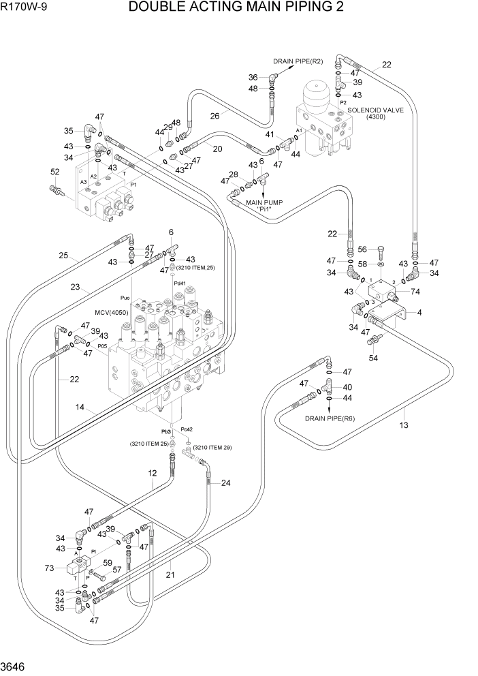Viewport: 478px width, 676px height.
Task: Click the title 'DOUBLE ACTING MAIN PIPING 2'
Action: (244, 7)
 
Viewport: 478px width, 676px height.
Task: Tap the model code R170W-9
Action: (21, 7)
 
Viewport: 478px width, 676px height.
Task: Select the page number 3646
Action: (15, 666)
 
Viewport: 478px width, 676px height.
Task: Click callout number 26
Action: (214, 115)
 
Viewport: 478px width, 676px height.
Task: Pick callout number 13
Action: (403, 426)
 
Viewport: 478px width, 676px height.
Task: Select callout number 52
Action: (55, 172)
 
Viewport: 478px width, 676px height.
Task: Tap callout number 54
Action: (373, 358)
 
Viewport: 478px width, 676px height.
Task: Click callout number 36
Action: (253, 77)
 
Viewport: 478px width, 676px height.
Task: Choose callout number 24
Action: (225, 483)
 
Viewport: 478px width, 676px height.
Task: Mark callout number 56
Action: (362, 249)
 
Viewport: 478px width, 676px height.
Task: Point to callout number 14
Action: (80, 408)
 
